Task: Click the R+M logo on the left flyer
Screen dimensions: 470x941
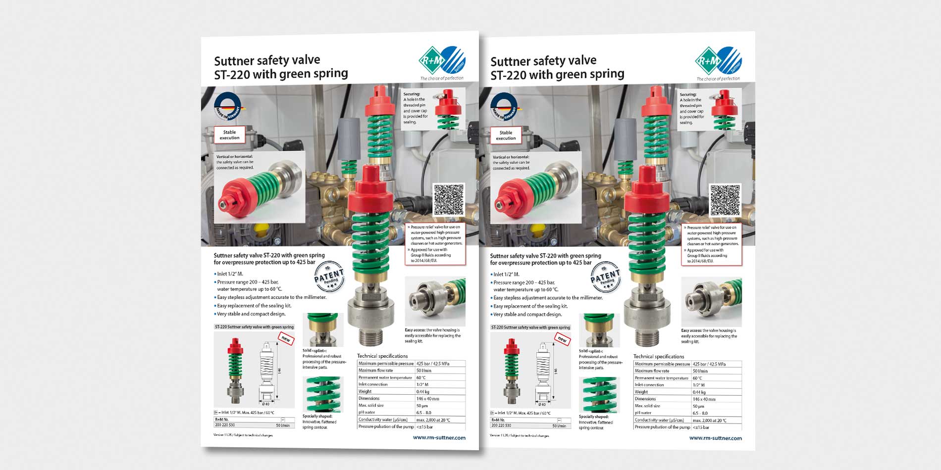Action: [x=441, y=61]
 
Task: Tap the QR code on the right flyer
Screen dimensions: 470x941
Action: [x=725, y=200]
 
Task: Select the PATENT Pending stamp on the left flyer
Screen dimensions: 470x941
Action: [x=329, y=277]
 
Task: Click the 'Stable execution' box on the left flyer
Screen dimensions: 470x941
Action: [x=229, y=135]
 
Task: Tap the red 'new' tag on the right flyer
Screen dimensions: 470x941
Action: [x=562, y=339]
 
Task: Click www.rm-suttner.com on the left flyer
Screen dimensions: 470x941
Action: [x=439, y=437]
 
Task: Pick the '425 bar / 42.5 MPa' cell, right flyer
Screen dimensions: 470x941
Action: [x=709, y=364]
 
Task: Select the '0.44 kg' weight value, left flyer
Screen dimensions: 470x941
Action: [x=422, y=391]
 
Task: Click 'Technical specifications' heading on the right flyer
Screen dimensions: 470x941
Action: [x=658, y=356]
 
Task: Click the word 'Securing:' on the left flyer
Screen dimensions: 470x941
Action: [x=412, y=94]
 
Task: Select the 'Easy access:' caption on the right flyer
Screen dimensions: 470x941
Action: [x=691, y=330]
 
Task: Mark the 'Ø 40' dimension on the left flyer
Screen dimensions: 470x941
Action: [x=265, y=404]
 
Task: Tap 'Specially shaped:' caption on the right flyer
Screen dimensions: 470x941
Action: [x=594, y=417]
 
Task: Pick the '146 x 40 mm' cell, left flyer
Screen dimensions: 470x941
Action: [x=427, y=398]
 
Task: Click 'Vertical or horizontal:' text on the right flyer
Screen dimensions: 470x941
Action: [x=511, y=157]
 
